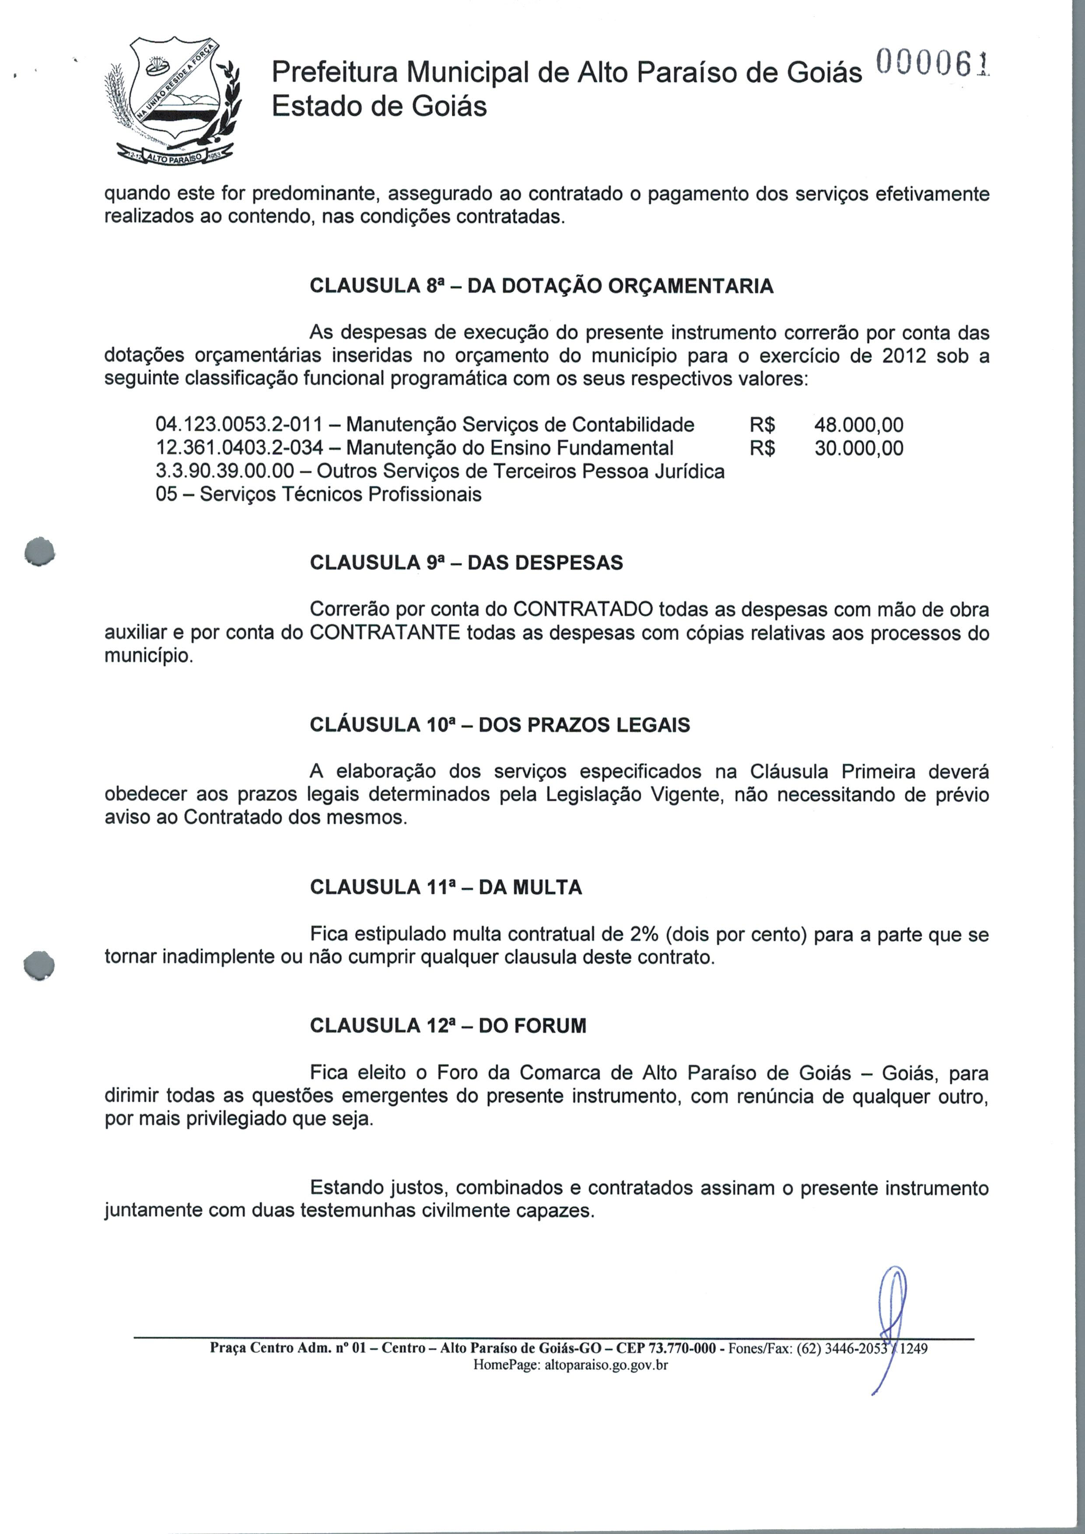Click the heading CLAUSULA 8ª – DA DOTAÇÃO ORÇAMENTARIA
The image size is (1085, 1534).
pyautogui.click(x=541, y=286)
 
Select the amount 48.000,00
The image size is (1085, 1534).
pyautogui.click(x=858, y=425)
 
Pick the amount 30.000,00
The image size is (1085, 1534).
pyautogui.click(x=858, y=447)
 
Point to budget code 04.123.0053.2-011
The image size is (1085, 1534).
pyautogui.click(x=238, y=425)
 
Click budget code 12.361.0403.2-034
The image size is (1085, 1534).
pyautogui.click(x=238, y=447)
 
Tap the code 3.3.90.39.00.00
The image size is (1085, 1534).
pyautogui.click(x=224, y=471)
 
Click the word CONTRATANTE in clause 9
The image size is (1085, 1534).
pyautogui.click(x=385, y=632)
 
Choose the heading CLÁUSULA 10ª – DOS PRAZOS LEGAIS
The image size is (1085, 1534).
pyautogui.click(x=500, y=725)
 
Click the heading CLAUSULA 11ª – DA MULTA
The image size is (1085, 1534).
pyautogui.click(x=446, y=887)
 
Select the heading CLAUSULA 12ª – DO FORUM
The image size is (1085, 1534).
pyautogui.click(x=448, y=1026)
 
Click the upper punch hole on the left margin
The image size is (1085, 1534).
pyautogui.click(x=39, y=551)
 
